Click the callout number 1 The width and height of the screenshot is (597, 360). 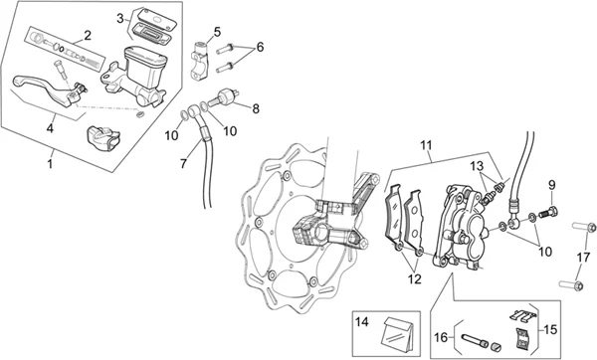(x=50, y=164)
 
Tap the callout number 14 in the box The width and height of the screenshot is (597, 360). (x=362, y=322)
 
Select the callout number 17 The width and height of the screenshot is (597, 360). (x=583, y=258)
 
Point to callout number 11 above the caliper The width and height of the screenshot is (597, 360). (x=427, y=145)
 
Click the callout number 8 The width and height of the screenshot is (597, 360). (x=256, y=108)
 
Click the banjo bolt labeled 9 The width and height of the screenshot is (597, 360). (x=548, y=211)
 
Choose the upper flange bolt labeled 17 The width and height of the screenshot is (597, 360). (x=584, y=227)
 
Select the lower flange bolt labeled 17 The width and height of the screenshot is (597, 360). (x=571, y=284)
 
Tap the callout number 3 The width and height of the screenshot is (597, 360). (x=120, y=18)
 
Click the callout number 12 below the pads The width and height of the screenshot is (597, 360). (x=414, y=278)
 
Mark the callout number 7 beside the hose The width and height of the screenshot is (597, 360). (x=183, y=164)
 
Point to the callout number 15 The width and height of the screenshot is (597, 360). (x=550, y=329)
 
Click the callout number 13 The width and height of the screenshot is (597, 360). (x=477, y=166)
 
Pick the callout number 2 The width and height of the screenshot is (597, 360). (x=88, y=36)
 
